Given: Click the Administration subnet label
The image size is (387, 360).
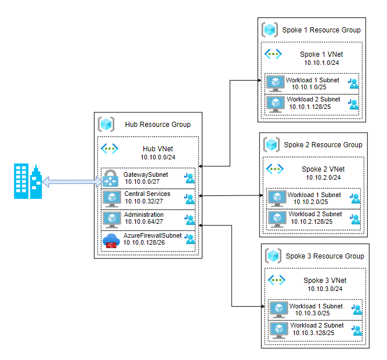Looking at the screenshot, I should coord(144,214).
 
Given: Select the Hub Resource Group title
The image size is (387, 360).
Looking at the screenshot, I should coord(157,125).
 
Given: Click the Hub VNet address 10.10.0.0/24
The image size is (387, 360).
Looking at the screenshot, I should coord(157,157).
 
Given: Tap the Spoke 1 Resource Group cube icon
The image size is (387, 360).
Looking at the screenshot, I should coord(270,30).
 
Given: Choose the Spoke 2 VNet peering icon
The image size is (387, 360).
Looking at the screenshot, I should coord(274,169).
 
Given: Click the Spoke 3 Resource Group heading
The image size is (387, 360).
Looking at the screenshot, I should coord(325,256).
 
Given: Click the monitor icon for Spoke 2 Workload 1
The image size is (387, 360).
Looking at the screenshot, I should coord(276,198).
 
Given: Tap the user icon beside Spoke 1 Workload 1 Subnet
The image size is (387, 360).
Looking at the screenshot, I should coord(353,83).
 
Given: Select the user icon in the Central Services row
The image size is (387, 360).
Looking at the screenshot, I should coord(189,199).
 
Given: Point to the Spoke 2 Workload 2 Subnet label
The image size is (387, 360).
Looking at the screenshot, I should coord(316,214).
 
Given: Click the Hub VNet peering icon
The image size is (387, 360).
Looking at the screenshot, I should coord(110,148).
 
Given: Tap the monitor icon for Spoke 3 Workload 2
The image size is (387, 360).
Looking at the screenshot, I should coord(279,329).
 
